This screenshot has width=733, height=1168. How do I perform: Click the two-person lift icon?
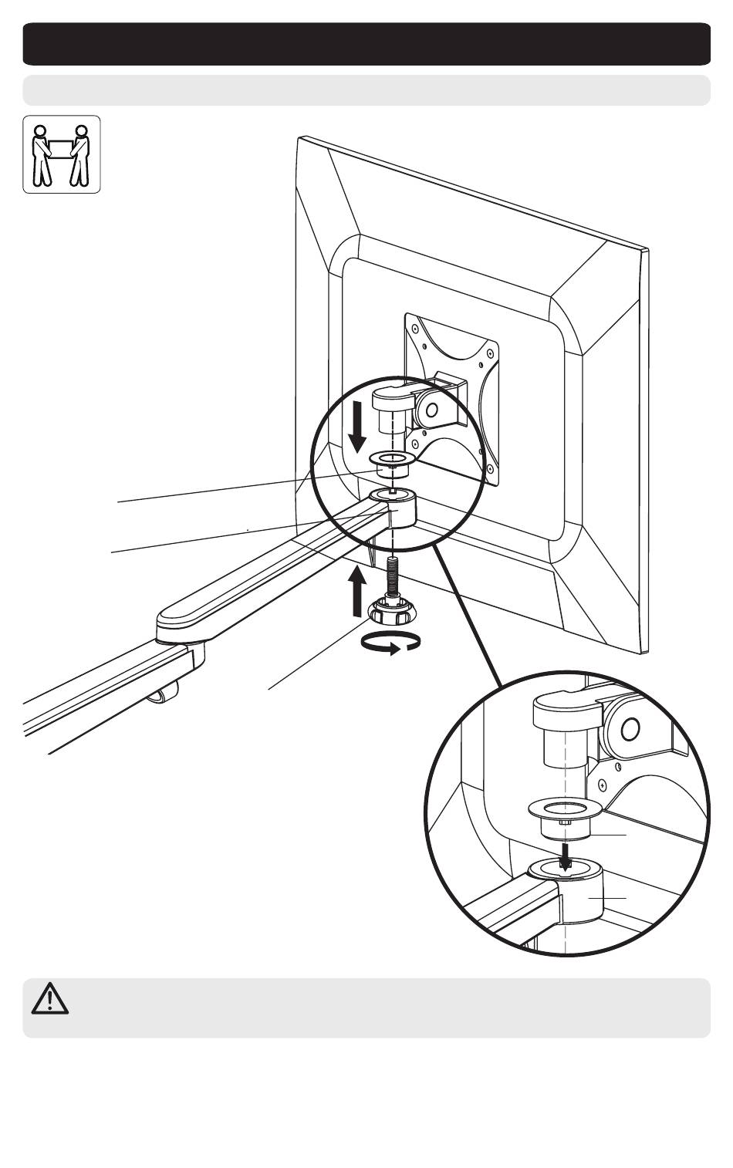tap(62, 154)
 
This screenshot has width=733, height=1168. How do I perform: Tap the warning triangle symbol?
tap(50, 998)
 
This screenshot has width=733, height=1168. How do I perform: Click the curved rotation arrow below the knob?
tap(392, 642)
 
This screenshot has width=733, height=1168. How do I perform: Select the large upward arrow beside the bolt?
tap(356, 591)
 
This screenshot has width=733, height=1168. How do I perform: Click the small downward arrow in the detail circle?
tap(566, 854)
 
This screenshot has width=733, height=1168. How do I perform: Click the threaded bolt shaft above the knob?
tap(394, 575)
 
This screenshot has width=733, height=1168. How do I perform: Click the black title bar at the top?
tap(366, 44)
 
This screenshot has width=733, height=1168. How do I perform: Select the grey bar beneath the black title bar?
tap(366, 89)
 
